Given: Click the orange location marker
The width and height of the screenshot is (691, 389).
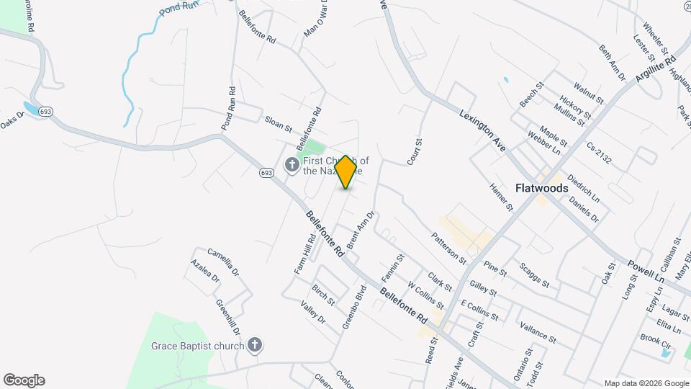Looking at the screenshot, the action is click(x=346, y=172).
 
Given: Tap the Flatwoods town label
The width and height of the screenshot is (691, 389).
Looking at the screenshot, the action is click(x=542, y=188).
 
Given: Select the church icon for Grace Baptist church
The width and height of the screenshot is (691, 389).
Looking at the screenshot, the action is click(x=254, y=345).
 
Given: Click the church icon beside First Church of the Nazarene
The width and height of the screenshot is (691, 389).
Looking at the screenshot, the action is click(x=292, y=166).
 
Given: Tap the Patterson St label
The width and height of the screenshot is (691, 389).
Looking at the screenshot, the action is click(x=449, y=249).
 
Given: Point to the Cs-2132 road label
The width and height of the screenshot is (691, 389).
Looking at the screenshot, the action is click(x=598, y=153).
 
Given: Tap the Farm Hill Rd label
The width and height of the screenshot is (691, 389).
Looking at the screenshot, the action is click(x=304, y=254).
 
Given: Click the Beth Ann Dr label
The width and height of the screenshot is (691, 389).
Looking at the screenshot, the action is click(x=613, y=61).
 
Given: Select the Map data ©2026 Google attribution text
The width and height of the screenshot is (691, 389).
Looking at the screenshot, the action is click(x=646, y=383).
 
